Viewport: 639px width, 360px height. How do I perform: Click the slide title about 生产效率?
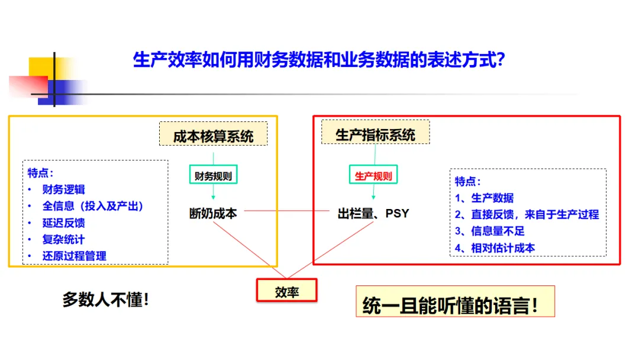319,60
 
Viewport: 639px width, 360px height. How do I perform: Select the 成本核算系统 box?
213,134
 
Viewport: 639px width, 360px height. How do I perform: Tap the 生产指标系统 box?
375,132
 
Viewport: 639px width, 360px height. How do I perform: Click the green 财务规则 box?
213,175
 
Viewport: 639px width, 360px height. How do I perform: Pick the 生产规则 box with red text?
373,175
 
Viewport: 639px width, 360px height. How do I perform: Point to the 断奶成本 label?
213,213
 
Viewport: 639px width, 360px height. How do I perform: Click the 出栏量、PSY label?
373,213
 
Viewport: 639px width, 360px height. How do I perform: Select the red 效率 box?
287,291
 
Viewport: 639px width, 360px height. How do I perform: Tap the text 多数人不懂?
105,300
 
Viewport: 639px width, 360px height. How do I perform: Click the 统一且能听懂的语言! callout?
455,301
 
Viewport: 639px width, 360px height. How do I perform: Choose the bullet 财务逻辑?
63,189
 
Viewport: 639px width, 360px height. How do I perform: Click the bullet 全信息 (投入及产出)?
92,206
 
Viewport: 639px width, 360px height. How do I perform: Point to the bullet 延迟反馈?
63,223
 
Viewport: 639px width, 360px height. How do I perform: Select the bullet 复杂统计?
63,240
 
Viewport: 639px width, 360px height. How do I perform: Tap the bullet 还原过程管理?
74,256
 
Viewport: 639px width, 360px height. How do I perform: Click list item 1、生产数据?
484,198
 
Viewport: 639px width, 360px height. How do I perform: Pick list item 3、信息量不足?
489,231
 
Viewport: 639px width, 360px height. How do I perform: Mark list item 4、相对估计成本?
495,248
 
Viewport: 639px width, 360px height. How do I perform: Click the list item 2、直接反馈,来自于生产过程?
527,214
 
